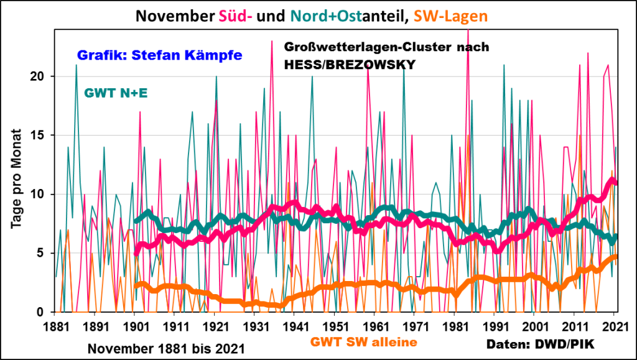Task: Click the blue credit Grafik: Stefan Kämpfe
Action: pyautogui.click(x=157, y=55)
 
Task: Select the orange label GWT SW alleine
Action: pyautogui.click(x=363, y=341)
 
